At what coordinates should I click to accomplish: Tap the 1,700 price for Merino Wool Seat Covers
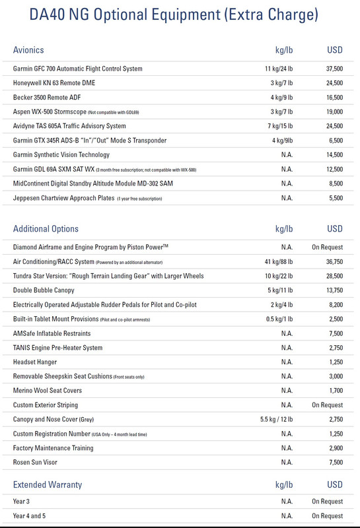[334, 391]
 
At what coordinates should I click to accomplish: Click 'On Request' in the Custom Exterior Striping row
[327, 405]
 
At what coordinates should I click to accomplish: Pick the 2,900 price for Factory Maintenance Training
[334, 449]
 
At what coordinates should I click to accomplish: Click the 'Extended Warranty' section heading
[48, 484]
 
